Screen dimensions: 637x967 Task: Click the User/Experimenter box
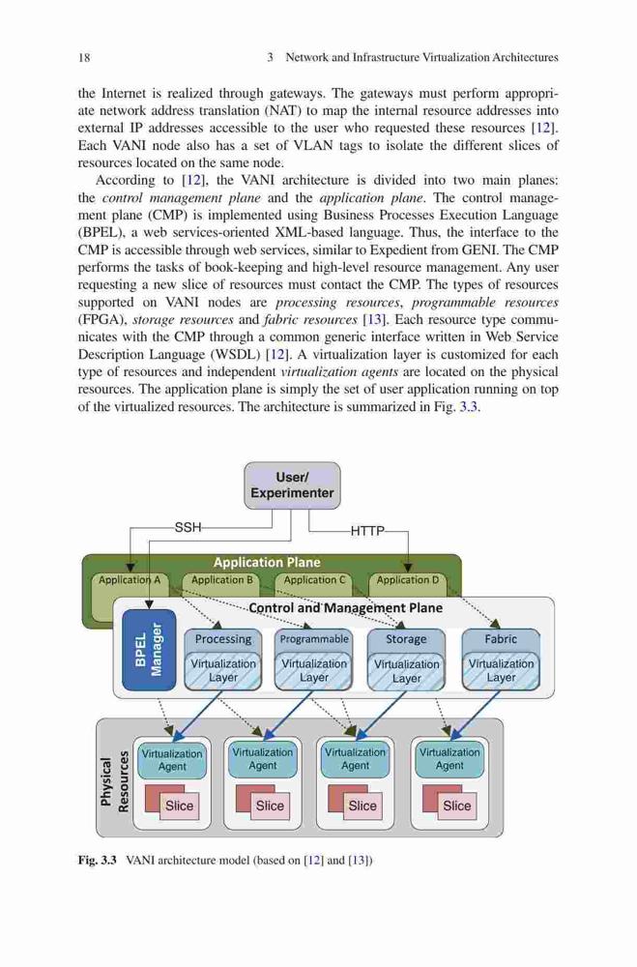pyautogui.click(x=292, y=485)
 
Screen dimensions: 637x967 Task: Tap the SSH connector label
pyautogui.click(x=188, y=527)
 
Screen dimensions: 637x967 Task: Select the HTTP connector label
pyautogui.click(x=367, y=530)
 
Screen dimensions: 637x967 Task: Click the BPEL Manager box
pyautogui.click(x=149, y=650)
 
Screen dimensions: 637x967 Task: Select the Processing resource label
pyautogui.click(x=223, y=639)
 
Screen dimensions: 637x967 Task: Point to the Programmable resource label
pyautogui.click(x=314, y=639)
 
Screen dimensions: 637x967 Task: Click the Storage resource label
pyautogui.click(x=406, y=639)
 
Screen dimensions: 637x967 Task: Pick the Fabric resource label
pyautogui.click(x=501, y=639)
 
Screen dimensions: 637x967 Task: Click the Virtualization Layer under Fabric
pyautogui.click(x=501, y=671)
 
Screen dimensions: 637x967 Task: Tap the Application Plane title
pyautogui.click(x=267, y=563)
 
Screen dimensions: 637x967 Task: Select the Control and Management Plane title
pyautogui.click(x=345, y=608)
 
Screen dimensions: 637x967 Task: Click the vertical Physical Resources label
pyautogui.click(x=115, y=782)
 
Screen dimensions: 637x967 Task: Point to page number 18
pyautogui.click(x=84, y=58)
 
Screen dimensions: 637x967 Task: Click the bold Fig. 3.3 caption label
pyautogui.click(x=97, y=861)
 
